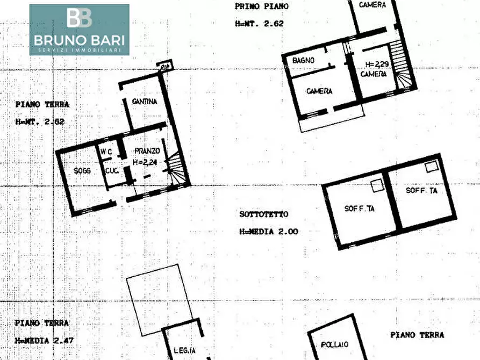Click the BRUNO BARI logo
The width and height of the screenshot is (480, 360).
pos(79,29)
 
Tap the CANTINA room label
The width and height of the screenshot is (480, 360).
pos(145,102)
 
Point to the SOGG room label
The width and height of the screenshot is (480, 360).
pos(82,171)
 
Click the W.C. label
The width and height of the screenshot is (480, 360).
pos(106,152)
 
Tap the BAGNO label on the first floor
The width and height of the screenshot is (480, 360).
pos(304,61)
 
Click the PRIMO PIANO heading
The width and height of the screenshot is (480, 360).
pos(262,7)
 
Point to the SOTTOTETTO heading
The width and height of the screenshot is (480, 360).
pos(263,214)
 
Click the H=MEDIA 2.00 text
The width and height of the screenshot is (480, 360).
pos(269,232)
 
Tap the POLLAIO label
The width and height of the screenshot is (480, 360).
pos(335,344)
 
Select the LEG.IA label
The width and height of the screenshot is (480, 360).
pos(184,351)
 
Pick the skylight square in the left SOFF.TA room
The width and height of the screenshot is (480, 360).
pos(377,185)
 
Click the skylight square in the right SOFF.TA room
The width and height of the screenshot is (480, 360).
pos(431,167)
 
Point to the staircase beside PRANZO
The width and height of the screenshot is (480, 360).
pos(176,168)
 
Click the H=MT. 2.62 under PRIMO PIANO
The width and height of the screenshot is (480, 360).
pos(259,24)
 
